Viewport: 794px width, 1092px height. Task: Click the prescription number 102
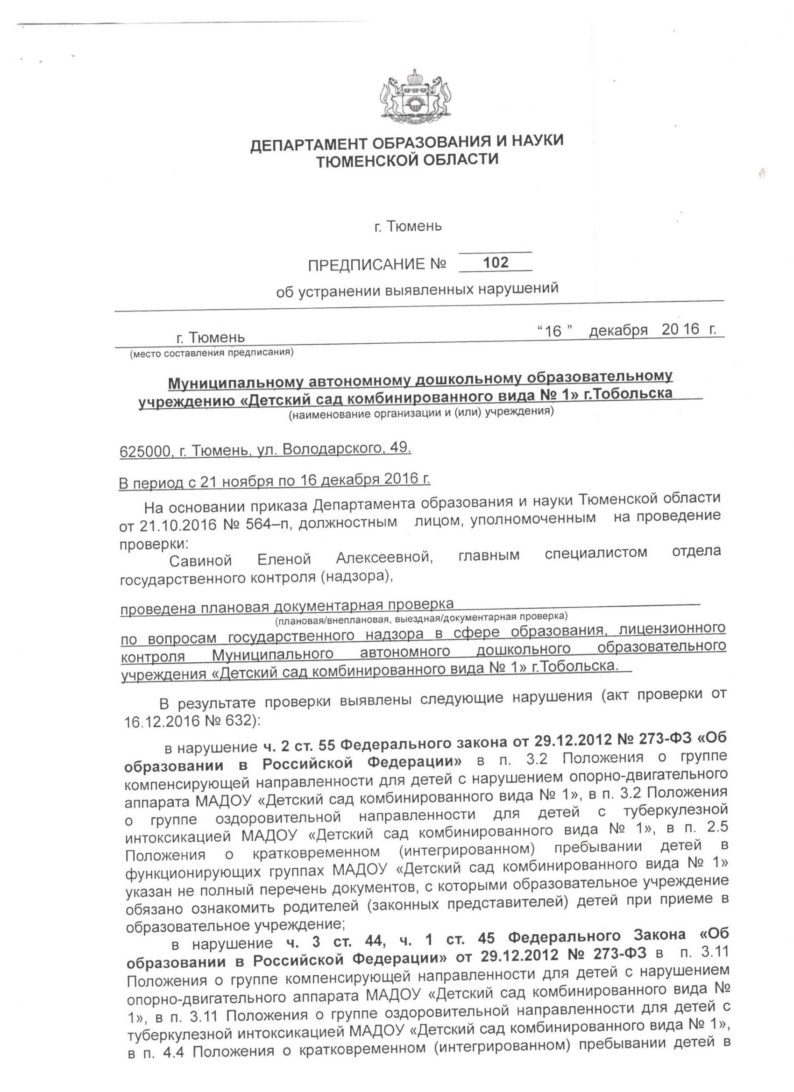[x=496, y=262]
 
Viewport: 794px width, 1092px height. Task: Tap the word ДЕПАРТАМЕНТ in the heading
[x=309, y=144]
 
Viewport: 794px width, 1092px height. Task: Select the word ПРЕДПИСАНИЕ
[x=367, y=264]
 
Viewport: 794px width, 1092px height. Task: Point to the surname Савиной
[x=200, y=560]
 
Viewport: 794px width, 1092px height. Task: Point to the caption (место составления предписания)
[x=212, y=353]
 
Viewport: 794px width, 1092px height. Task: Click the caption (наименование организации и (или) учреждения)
[x=421, y=412]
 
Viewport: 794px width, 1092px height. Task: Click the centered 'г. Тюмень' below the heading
[x=408, y=226]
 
